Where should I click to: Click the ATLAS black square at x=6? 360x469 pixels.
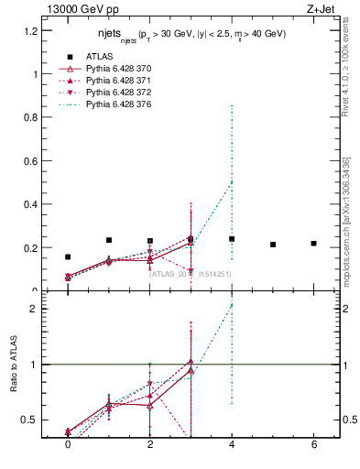point(313,243)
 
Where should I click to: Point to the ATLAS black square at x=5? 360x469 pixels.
point(273,245)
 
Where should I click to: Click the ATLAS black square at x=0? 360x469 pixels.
point(68,257)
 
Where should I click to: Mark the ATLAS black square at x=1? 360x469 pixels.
point(109,240)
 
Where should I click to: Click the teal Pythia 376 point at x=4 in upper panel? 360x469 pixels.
point(232,181)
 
